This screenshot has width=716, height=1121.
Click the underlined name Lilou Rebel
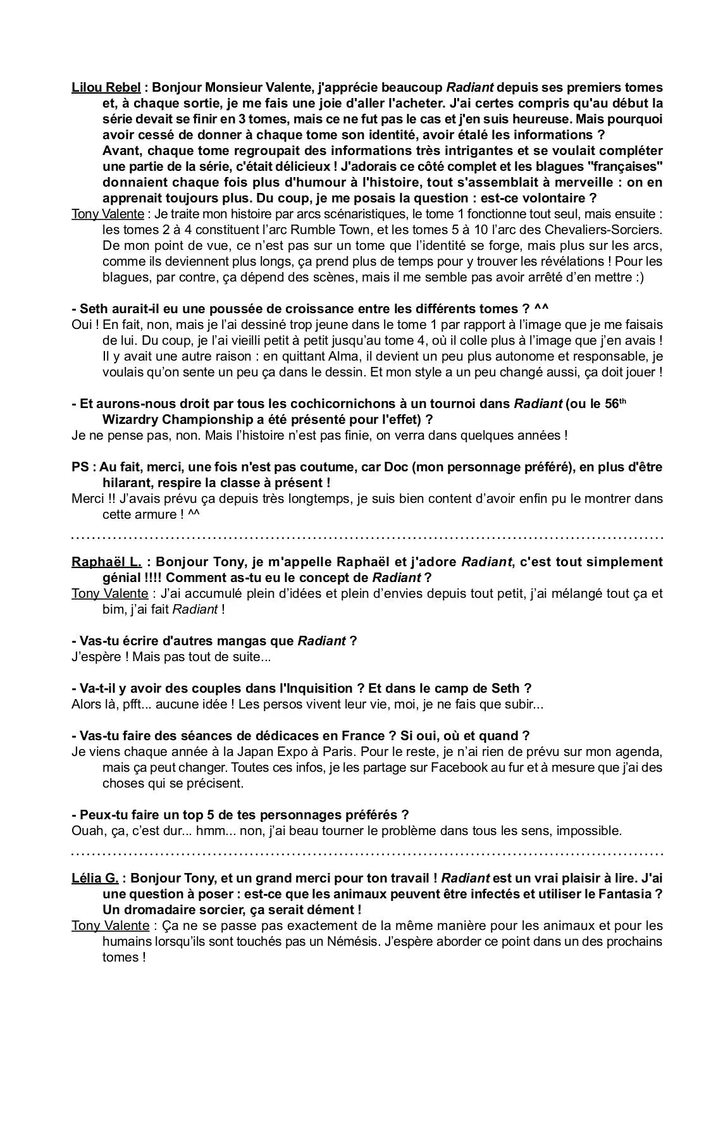click(x=106, y=87)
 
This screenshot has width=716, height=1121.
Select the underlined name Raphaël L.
click(x=106, y=562)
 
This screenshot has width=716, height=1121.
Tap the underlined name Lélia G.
click(x=95, y=878)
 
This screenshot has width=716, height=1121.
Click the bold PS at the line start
click(x=80, y=467)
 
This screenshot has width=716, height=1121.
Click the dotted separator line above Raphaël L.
click(x=367, y=538)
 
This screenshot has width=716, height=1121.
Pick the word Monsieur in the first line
click(x=233, y=87)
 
